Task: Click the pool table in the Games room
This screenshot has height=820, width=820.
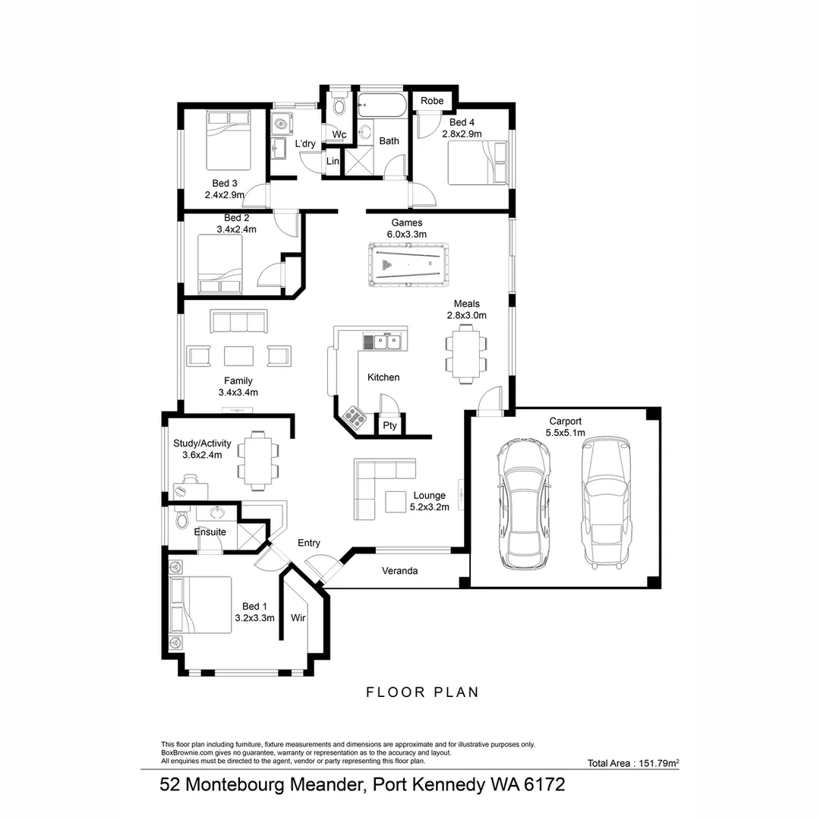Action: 408,265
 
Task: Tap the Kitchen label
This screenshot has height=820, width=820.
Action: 383,377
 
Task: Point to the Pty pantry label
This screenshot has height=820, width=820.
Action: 389,426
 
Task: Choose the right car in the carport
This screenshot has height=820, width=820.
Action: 606,501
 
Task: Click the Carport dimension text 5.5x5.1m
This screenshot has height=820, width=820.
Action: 566,434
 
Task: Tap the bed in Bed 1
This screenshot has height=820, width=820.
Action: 202,604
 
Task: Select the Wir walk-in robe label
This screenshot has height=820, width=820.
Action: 298,618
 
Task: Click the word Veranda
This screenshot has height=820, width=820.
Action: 399,571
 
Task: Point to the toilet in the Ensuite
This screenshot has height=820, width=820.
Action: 181,521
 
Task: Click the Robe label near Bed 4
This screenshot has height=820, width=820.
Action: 432,101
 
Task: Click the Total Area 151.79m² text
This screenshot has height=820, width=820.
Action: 632,763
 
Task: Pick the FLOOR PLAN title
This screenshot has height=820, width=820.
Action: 422,692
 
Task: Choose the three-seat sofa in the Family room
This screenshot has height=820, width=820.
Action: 239,322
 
